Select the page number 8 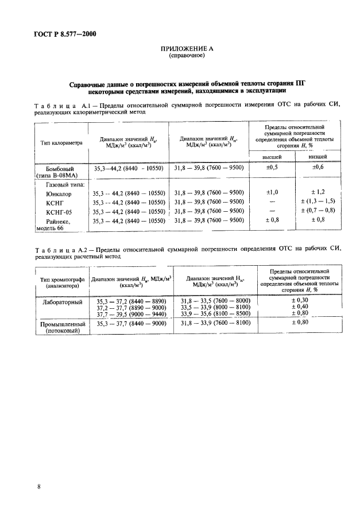[x=38, y=487]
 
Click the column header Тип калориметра [x=61, y=142]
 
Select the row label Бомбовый [x=60, y=169]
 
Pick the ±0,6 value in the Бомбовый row [x=319, y=168]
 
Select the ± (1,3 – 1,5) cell [x=319, y=201]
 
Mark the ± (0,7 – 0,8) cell [x=319, y=211]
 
